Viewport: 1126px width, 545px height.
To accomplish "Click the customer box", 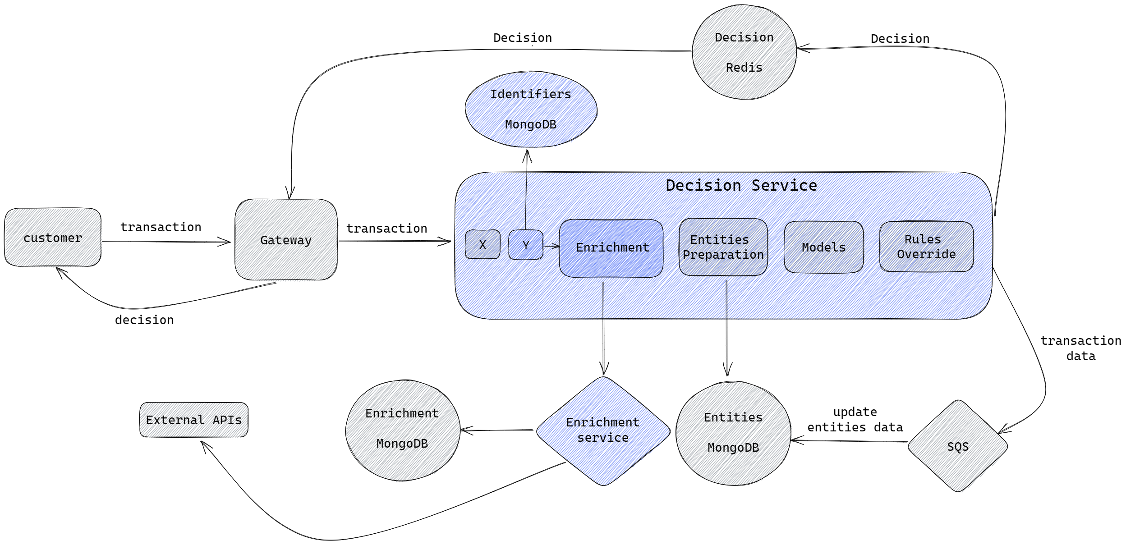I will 53,238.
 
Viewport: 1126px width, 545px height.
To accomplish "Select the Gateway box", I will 286,240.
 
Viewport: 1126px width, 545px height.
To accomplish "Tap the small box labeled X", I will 483,244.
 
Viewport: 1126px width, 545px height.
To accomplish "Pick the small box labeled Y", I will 526,245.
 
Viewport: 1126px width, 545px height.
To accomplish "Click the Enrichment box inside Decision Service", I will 611,248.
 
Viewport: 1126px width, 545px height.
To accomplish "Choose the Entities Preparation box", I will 723,247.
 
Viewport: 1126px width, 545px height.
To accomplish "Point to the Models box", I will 823,247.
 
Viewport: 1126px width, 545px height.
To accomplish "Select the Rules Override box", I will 926,247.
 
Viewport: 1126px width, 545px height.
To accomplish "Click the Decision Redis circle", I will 744,52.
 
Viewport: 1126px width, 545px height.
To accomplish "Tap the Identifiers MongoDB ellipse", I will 531,109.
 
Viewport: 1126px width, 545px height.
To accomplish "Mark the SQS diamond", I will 958,446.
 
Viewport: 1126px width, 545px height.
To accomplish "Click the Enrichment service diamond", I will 603,431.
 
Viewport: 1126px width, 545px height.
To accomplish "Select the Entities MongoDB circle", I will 733,433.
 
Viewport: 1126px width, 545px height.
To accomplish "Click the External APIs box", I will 194,420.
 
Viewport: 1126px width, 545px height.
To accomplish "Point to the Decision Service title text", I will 741,185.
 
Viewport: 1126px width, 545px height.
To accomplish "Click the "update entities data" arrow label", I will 855,420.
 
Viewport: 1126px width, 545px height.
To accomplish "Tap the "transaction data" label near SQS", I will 1080,348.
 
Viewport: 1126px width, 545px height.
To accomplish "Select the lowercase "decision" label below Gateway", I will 144,320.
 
